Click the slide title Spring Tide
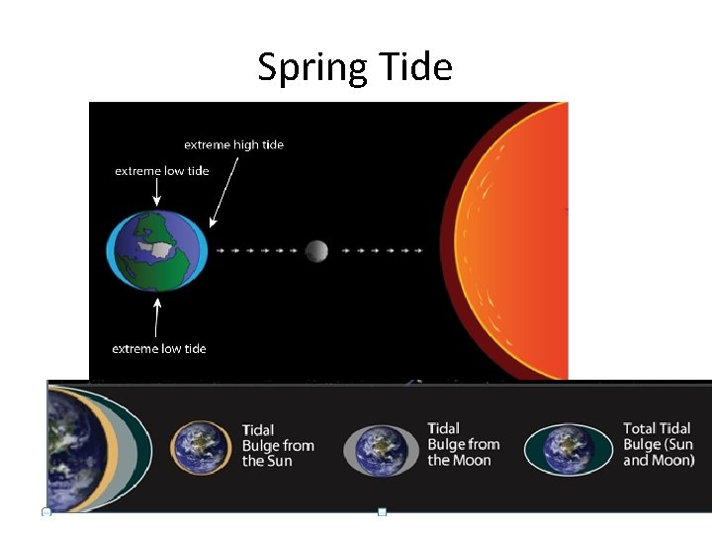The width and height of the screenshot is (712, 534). coord(354,67)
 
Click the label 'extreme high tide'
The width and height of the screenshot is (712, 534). coord(233,144)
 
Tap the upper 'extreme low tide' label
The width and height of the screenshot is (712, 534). coord(162,171)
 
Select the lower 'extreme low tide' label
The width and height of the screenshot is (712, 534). coord(159,348)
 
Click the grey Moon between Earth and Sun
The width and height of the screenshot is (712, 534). coord(316,251)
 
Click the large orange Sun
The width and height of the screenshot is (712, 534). coord(514,242)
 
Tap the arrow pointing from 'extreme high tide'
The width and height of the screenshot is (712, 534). coord(223,193)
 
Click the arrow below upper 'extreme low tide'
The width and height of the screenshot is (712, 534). coord(156,192)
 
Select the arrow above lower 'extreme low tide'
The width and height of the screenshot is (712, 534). coord(156,316)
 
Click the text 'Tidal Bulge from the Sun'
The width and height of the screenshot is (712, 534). coord(278,446)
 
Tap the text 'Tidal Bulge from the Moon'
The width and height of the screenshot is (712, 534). coord(464,444)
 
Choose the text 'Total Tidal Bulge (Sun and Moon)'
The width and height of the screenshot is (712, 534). coord(659,444)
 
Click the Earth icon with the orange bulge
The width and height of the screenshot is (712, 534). coord(202,448)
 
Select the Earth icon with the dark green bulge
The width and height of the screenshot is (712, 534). coord(568,450)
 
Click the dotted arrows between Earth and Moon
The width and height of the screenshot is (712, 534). coord(256,251)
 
